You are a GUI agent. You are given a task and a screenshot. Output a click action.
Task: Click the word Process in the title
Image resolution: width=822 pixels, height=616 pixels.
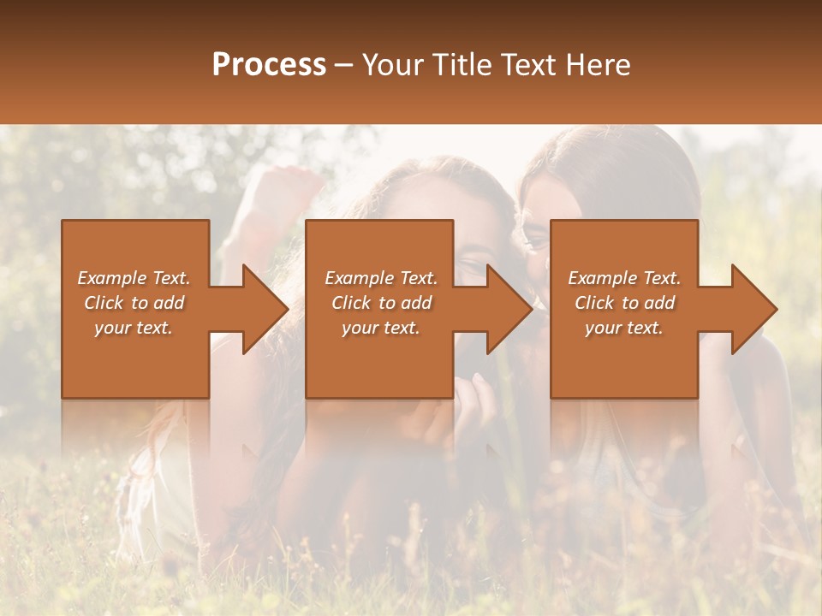pos(269,65)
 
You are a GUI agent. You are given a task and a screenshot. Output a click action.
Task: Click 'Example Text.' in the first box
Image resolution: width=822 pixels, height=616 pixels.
pos(134,278)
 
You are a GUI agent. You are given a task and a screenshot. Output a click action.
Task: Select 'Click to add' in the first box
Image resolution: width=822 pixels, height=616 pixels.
pos(134,303)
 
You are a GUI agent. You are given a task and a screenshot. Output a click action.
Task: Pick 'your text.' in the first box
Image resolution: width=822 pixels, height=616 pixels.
pos(134,328)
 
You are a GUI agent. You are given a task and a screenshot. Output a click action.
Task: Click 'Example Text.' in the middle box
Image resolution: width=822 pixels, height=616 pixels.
pos(381,278)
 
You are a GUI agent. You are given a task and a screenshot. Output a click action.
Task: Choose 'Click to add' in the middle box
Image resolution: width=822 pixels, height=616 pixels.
pos(381,303)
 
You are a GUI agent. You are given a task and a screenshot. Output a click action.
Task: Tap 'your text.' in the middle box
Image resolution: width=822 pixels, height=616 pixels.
pos(381,328)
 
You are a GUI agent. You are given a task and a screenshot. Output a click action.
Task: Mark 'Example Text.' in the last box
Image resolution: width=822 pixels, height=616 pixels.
pos(624,278)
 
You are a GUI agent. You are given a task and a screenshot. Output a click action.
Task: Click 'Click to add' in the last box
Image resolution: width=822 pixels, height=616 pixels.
pos(624,303)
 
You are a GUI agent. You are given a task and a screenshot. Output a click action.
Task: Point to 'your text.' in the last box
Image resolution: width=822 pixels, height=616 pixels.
pos(624,328)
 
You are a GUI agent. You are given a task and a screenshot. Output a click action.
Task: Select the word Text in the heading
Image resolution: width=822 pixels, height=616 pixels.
pos(521,65)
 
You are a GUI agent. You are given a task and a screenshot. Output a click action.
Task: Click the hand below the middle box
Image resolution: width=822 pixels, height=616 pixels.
pos(467,411)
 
